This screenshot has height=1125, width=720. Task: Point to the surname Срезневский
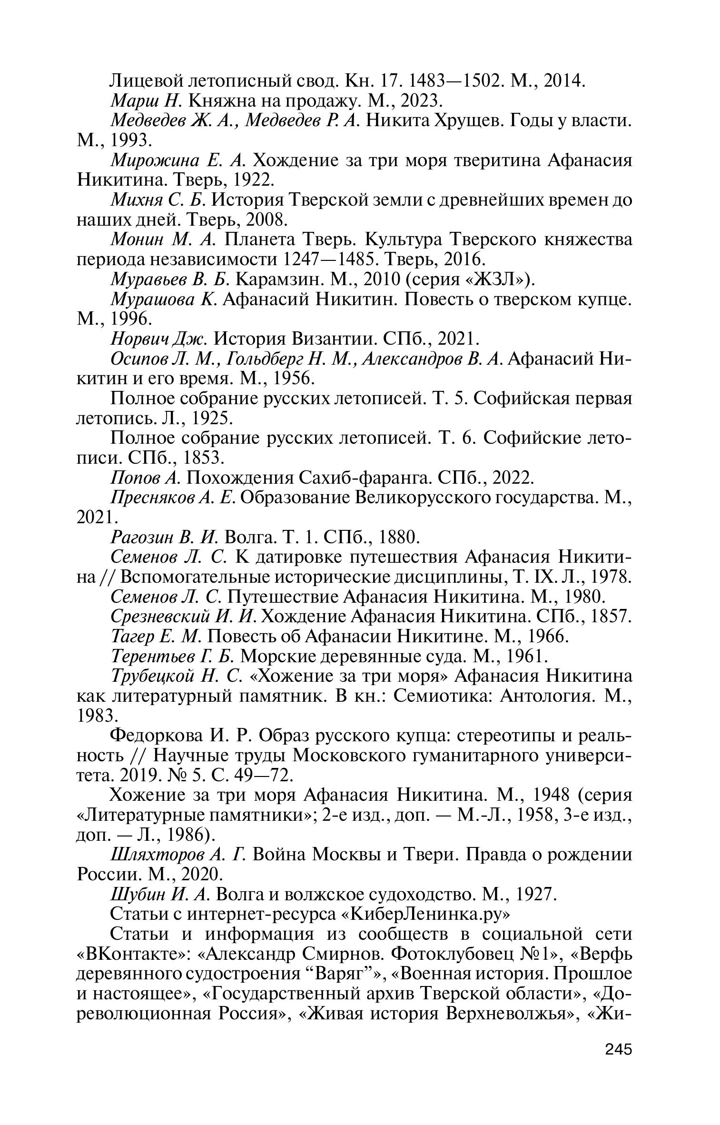coord(160,616)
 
